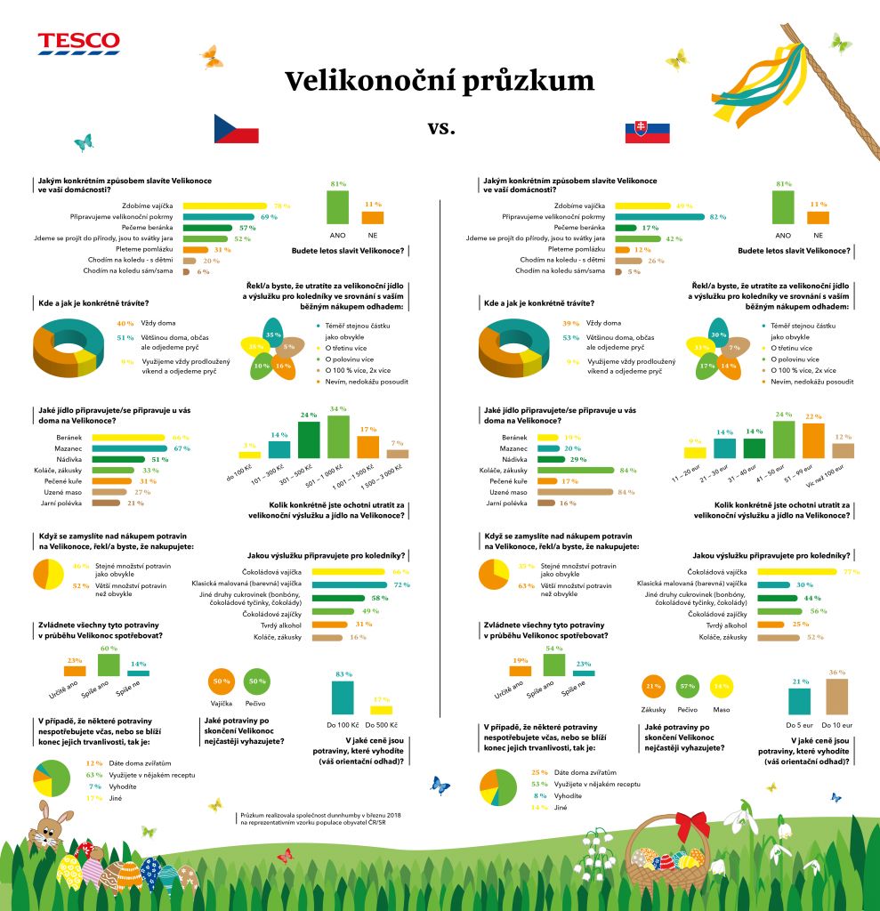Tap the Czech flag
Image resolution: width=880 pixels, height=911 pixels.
pyautogui.click(x=236, y=129)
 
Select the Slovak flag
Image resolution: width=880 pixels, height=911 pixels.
pyautogui.click(x=647, y=133)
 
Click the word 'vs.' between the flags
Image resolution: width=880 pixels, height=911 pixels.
pyautogui.click(x=440, y=127)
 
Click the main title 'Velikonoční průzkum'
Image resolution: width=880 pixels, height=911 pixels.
pyautogui.click(x=440, y=82)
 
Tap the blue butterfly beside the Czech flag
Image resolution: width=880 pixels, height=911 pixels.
pyautogui.click(x=84, y=142)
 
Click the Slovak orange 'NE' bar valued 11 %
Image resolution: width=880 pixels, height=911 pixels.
pyautogui.click(x=818, y=217)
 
